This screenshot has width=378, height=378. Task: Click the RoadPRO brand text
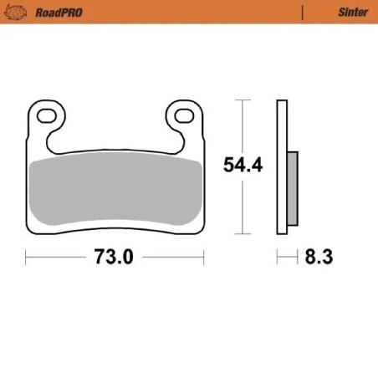tap(61, 13)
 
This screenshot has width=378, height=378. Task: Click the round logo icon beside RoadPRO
tap(23, 13)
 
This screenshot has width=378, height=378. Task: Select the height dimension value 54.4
tap(243, 165)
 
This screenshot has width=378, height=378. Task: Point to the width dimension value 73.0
tap(114, 258)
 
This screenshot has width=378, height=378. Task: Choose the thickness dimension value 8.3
tap(319, 258)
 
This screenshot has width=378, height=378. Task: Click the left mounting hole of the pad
tap(49, 115)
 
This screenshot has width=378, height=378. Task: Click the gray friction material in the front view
tap(115, 191)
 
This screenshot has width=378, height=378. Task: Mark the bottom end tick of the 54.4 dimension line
tap(243, 232)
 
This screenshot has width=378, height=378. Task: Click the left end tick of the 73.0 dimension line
tap(26, 258)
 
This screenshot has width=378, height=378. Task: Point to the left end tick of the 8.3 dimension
tap(278, 258)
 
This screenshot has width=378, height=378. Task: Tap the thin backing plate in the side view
tap(282, 167)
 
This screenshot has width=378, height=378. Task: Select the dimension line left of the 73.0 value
tap(59, 258)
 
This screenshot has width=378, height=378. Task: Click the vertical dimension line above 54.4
tap(243, 125)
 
